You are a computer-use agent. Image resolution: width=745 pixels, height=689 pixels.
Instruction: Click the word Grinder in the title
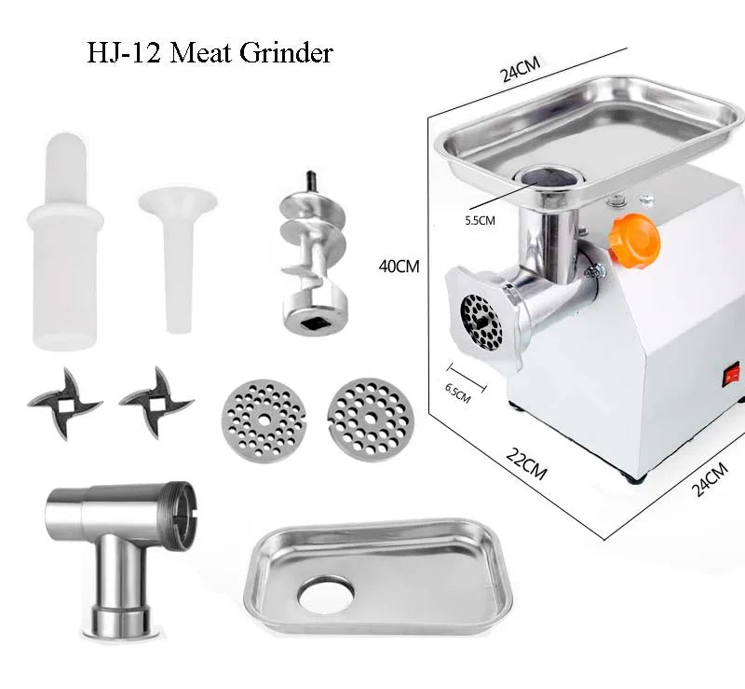(286, 52)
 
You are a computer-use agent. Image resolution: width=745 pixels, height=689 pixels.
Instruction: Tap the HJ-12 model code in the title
(123, 52)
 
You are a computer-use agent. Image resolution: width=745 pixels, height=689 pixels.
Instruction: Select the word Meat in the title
(200, 52)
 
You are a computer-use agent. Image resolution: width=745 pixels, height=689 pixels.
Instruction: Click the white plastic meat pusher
(65, 241)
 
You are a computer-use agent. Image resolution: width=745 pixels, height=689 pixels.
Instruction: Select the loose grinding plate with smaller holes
(264, 420)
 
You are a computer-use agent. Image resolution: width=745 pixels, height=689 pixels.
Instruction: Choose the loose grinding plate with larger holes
(371, 420)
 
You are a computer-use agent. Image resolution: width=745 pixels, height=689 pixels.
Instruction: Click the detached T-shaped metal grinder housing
(121, 557)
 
